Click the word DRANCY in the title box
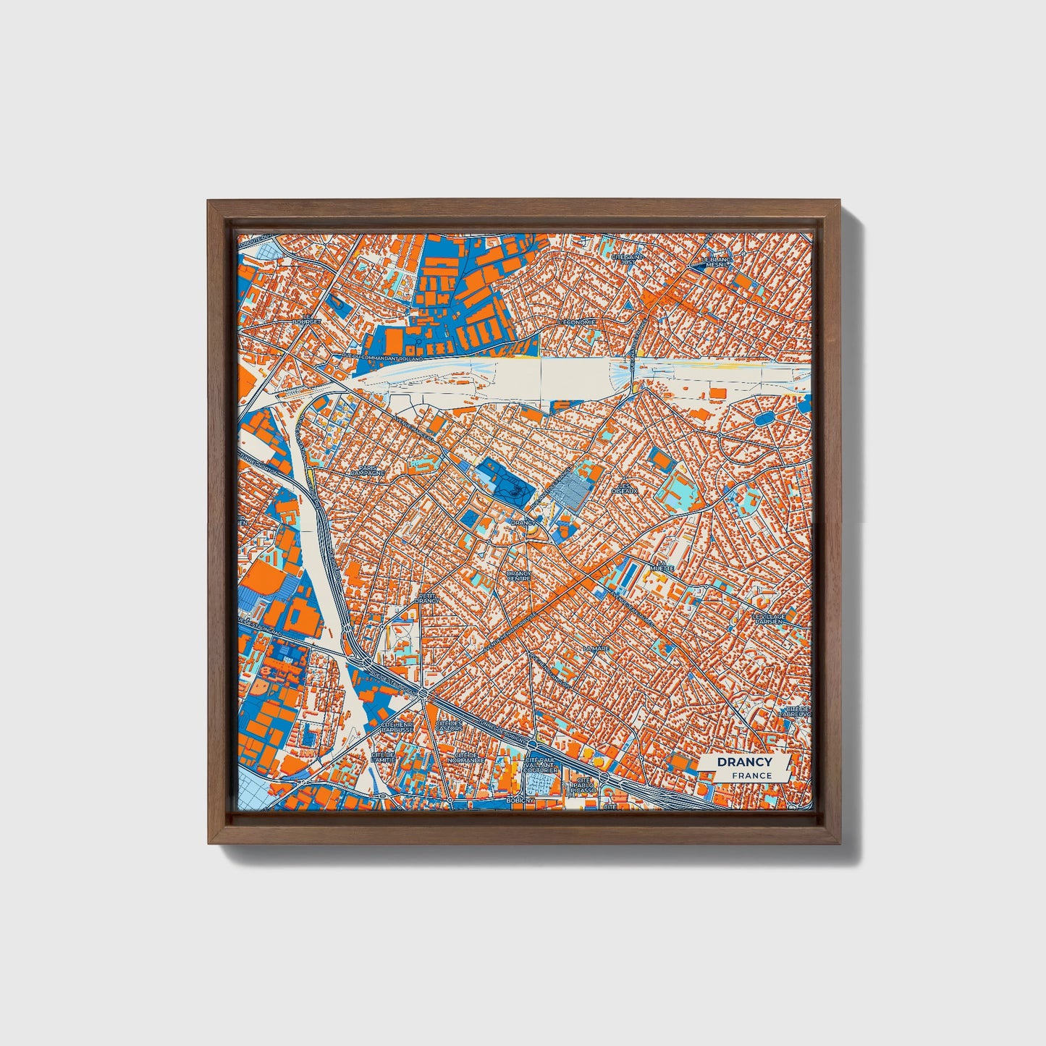[744, 762]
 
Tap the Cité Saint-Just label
[627, 258]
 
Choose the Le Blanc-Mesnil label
[717, 262]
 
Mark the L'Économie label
[576, 321]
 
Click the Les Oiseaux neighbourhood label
[625, 489]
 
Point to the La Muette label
[661, 565]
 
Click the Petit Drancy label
[428, 598]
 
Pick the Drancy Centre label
[518, 575]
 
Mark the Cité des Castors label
[449, 725]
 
